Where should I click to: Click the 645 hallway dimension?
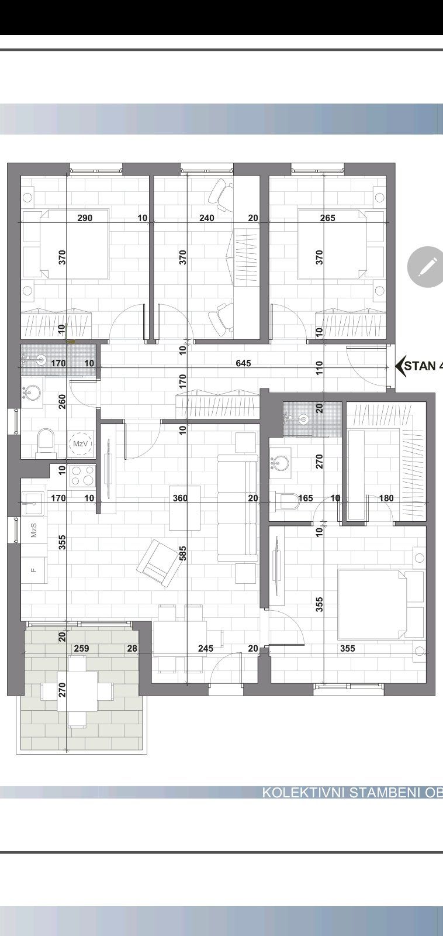pos(243,363)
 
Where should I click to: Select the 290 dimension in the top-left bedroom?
pos(85,218)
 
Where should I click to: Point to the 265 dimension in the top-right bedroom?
pos(328,218)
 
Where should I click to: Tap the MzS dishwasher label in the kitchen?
pos(34,531)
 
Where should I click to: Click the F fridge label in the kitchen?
pos(33,567)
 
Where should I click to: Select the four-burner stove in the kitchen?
pos(82,474)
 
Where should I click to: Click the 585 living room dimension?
pos(183,553)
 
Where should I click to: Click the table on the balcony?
pos(77,691)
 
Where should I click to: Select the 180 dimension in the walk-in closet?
pos(386,498)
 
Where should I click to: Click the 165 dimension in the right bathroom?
pos(305,498)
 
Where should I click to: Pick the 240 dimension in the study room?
pos(207,218)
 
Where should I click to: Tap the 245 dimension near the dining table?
pos(206,648)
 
